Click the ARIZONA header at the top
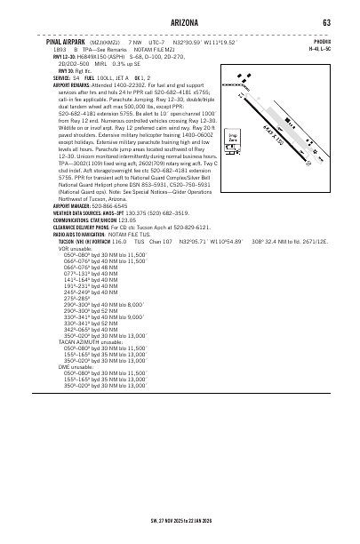(180, 22)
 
